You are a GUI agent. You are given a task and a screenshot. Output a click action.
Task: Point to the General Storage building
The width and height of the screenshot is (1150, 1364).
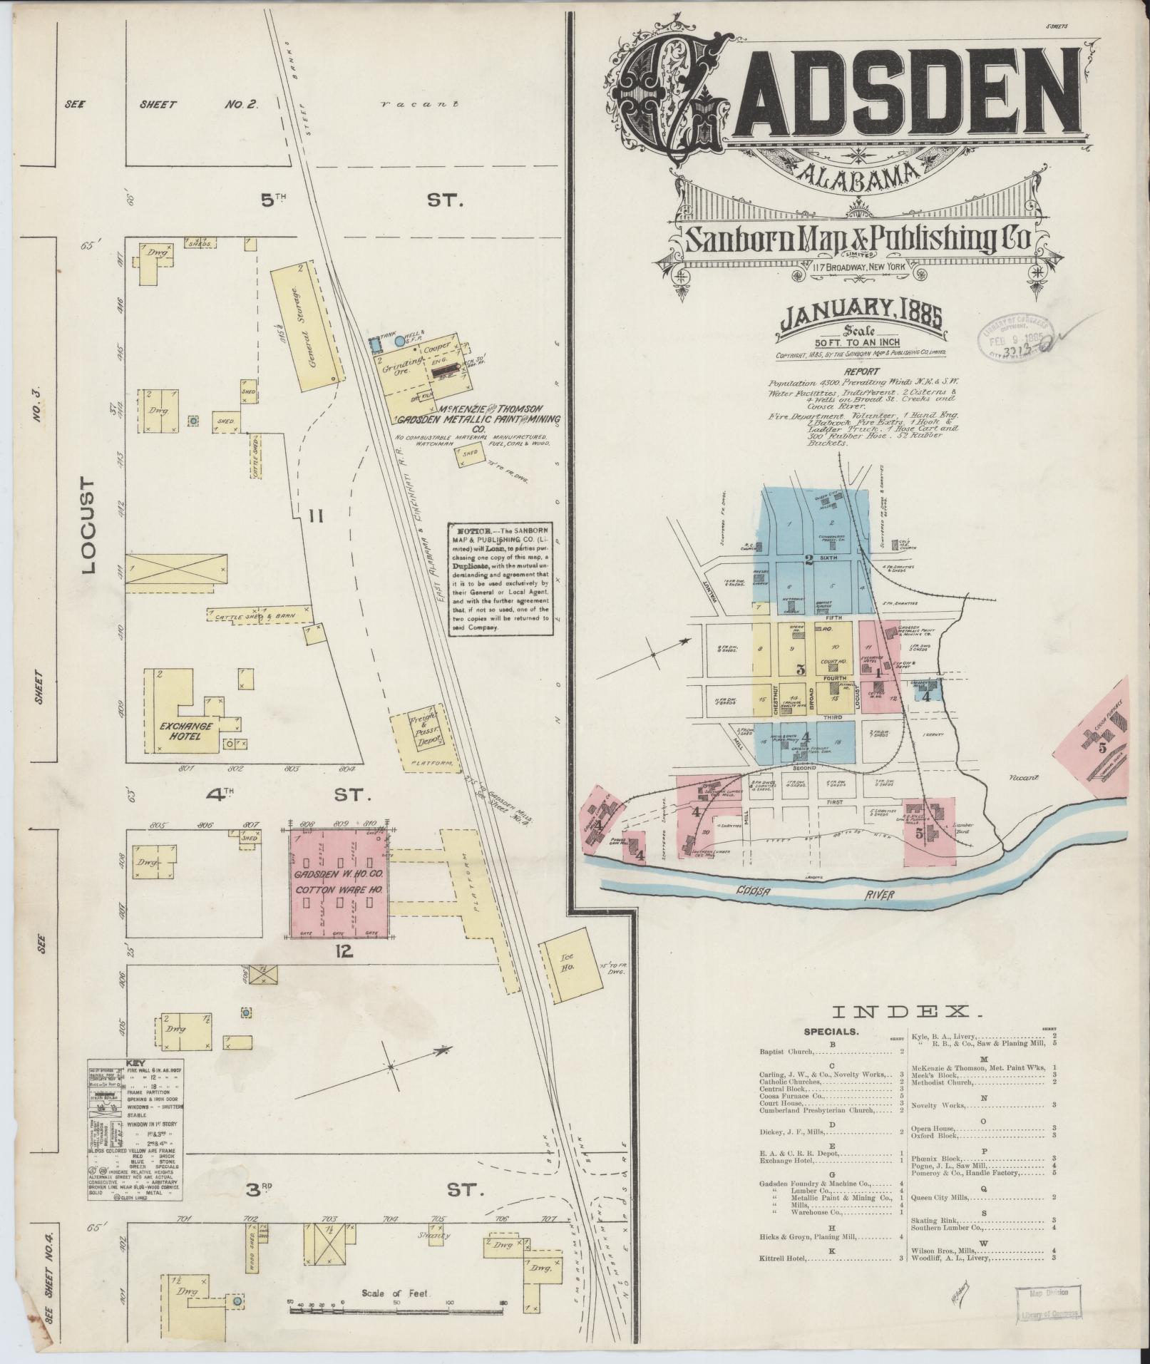(307, 325)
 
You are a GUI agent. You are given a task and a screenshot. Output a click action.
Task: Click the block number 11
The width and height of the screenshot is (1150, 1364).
(317, 516)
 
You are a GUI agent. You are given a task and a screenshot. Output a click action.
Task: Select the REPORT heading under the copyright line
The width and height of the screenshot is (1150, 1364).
(861, 371)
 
